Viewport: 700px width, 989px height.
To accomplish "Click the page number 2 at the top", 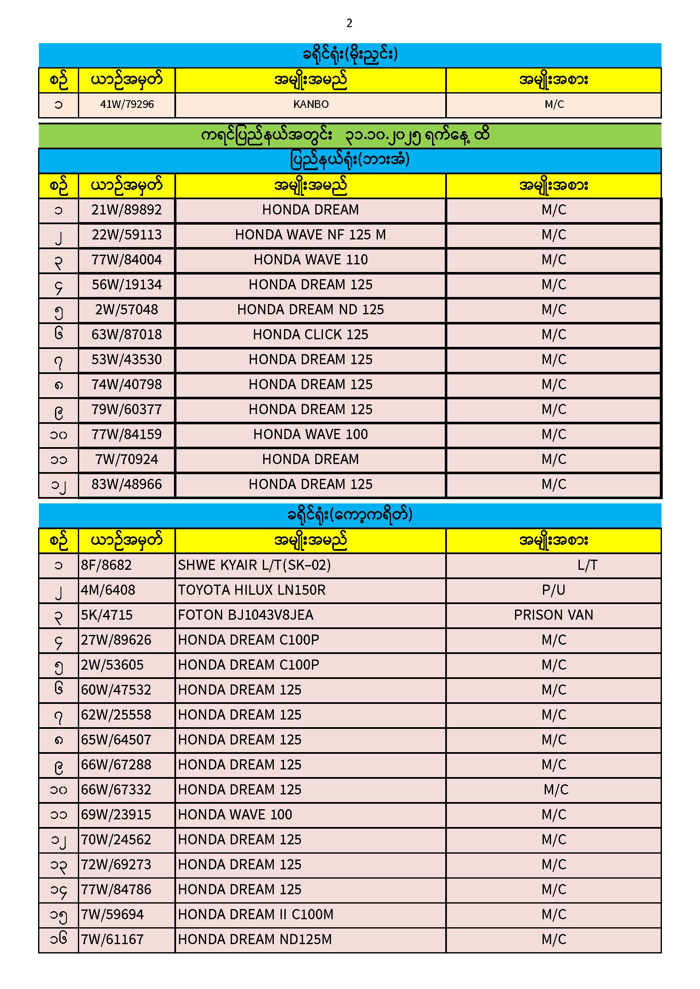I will (x=349, y=23).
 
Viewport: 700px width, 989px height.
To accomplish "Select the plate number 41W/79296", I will (x=127, y=104).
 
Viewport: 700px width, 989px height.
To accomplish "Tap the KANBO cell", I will (x=311, y=104).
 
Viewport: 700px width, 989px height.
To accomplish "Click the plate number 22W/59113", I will (x=127, y=235).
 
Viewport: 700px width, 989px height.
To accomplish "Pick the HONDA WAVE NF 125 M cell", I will (x=310, y=235).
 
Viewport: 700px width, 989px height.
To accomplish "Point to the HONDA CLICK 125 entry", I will (x=310, y=335).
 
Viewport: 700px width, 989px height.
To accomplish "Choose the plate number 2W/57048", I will (x=127, y=310).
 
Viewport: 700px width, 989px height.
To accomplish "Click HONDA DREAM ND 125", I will (x=310, y=310).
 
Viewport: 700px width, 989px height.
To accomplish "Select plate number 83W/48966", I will (x=127, y=485).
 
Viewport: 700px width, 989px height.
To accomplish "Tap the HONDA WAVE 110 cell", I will (x=310, y=260).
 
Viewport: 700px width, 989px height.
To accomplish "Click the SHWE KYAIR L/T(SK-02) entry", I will (x=254, y=565).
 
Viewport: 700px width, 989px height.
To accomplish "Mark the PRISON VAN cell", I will (x=554, y=615).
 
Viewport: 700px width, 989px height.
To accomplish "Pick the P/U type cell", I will (x=554, y=590).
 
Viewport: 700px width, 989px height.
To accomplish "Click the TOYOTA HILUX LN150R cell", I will (x=252, y=590).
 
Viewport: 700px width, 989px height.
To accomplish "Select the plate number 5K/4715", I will (x=107, y=615).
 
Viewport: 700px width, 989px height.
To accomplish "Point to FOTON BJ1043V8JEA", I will (x=246, y=615).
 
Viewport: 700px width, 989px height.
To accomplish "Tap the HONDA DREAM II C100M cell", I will (x=256, y=915).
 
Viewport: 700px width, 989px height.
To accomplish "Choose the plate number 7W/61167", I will (x=112, y=940).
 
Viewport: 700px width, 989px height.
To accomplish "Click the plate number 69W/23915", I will (x=116, y=815).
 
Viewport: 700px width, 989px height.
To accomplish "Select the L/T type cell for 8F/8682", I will (x=587, y=565).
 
